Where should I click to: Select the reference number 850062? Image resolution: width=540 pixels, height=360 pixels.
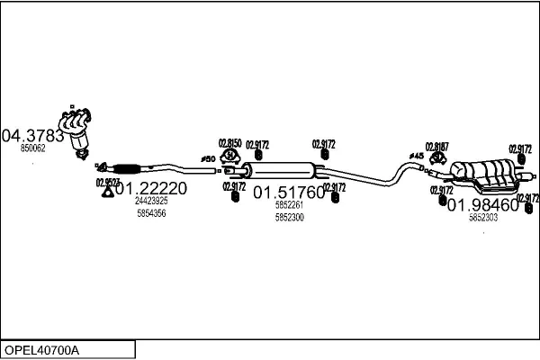pyautogui.click(x=33, y=148)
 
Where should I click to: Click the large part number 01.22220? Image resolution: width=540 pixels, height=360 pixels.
pyautogui.click(x=151, y=189)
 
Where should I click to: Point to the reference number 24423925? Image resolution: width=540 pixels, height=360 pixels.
pyautogui.click(x=151, y=202)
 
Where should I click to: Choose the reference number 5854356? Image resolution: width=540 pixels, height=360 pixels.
pyautogui.click(x=151, y=213)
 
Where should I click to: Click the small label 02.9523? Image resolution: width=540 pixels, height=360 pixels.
pyautogui.click(x=108, y=182)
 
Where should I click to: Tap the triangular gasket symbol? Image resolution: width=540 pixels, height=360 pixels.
pyautogui.click(x=107, y=190)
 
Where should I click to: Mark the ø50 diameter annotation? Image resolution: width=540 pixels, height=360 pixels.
pyautogui.click(x=208, y=160)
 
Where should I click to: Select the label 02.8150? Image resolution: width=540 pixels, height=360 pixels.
pyautogui.click(x=229, y=143)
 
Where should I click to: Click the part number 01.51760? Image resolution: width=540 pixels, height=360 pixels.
pyautogui.click(x=288, y=193)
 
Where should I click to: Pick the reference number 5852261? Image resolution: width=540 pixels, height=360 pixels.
pyautogui.click(x=289, y=205)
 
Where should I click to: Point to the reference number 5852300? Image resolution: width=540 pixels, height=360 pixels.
pyautogui.click(x=289, y=218)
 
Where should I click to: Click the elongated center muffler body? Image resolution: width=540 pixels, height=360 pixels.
pyautogui.click(x=282, y=171)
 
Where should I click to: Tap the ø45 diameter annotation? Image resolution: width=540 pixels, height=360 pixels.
pyautogui.click(x=416, y=157)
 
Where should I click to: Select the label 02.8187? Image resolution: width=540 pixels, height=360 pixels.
pyautogui.click(x=436, y=147)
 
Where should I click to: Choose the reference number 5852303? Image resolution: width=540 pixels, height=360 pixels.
pyautogui.click(x=483, y=218)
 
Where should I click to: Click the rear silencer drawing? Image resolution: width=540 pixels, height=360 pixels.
pyautogui.click(x=484, y=174)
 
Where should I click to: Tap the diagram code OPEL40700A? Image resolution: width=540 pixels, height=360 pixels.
pyautogui.click(x=43, y=349)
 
